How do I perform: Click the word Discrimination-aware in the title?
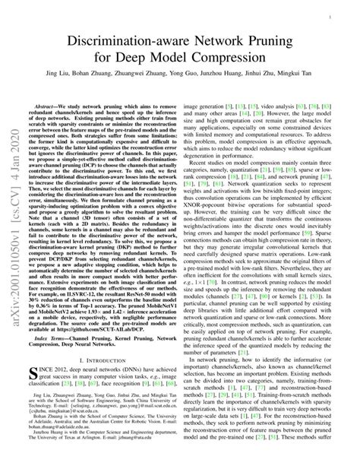(122, 36)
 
